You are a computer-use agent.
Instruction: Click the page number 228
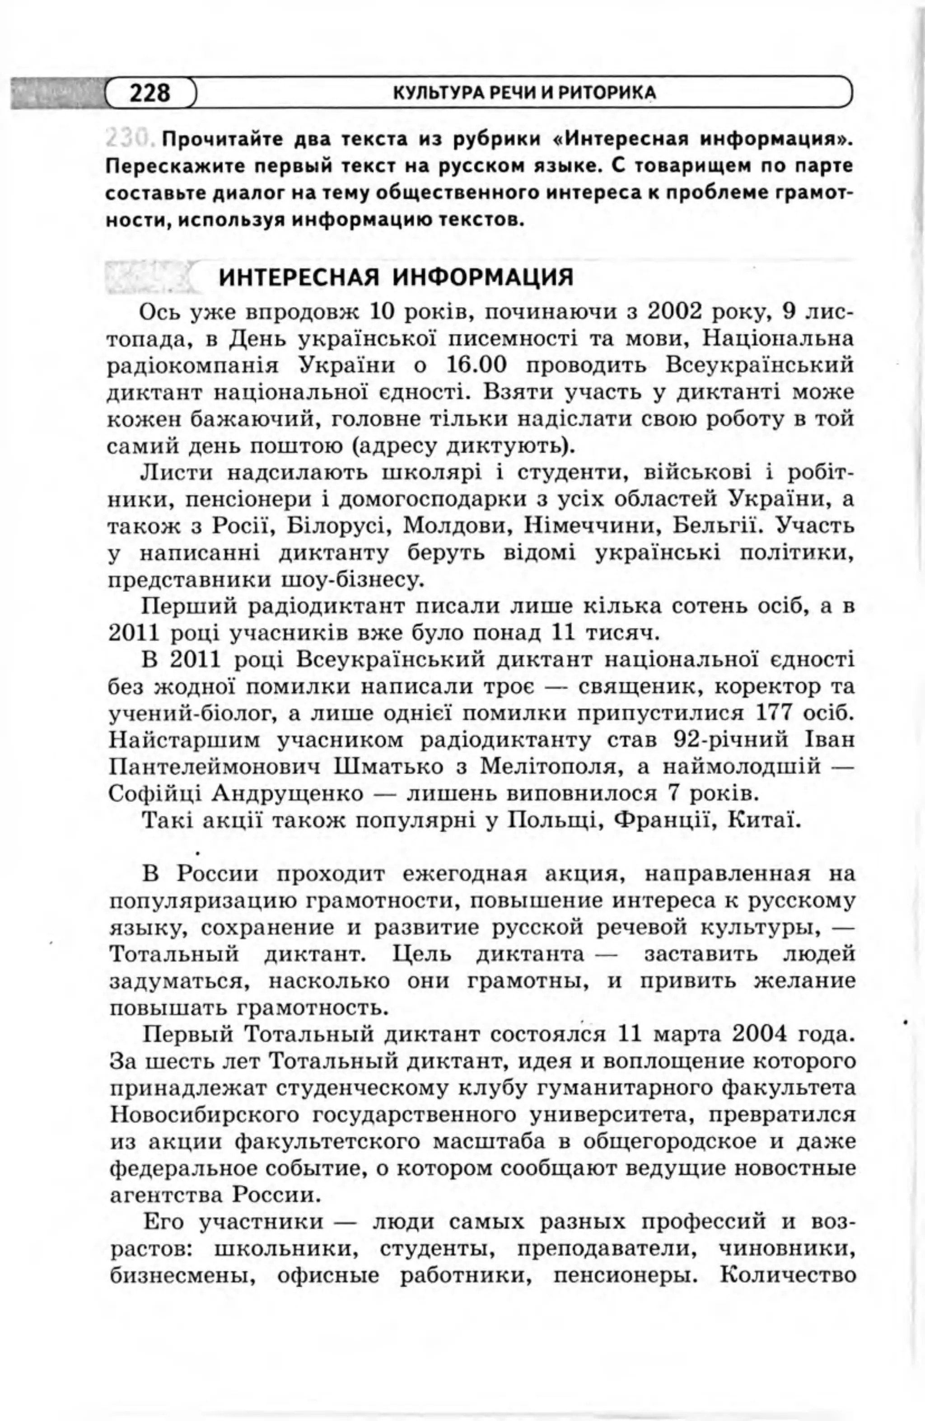150,93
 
